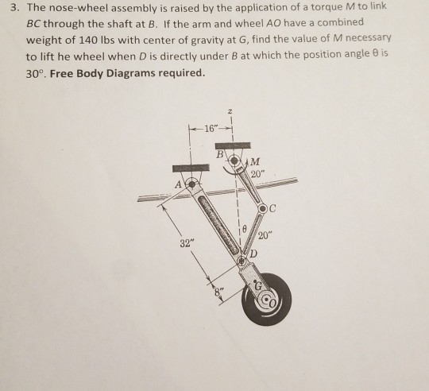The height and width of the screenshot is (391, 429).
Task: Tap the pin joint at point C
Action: tap(265, 208)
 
